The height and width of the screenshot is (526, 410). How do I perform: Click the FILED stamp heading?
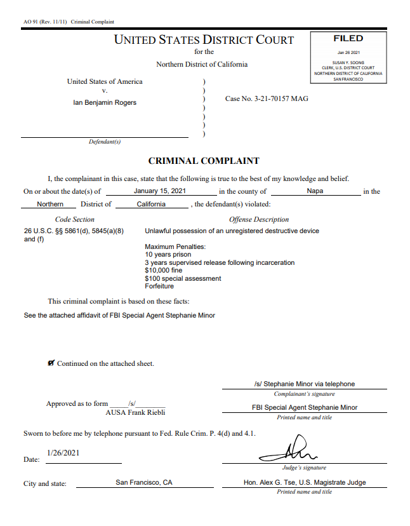[348, 39]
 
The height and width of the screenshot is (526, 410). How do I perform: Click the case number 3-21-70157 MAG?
[267, 98]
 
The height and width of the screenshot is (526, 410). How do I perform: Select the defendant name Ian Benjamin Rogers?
[105, 102]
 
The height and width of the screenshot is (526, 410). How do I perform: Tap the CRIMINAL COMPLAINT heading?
[204, 161]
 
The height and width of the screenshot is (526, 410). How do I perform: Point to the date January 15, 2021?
[160, 191]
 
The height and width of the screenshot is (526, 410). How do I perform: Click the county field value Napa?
[315, 191]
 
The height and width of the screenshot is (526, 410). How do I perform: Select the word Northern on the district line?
[50, 204]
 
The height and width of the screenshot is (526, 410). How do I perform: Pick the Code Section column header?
[75, 219]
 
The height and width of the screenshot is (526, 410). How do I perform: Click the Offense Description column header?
[259, 219]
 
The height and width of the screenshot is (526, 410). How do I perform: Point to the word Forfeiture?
[159, 286]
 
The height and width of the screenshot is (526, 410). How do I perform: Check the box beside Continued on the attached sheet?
[51, 363]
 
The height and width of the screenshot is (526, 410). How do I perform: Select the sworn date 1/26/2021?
[63, 453]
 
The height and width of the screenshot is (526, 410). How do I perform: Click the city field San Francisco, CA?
[144, 482]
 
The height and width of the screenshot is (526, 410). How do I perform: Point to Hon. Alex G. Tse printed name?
[305, 482]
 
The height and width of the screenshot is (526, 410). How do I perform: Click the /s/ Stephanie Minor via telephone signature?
[304, 384]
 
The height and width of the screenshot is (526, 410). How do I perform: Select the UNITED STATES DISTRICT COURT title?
[204, 39]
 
